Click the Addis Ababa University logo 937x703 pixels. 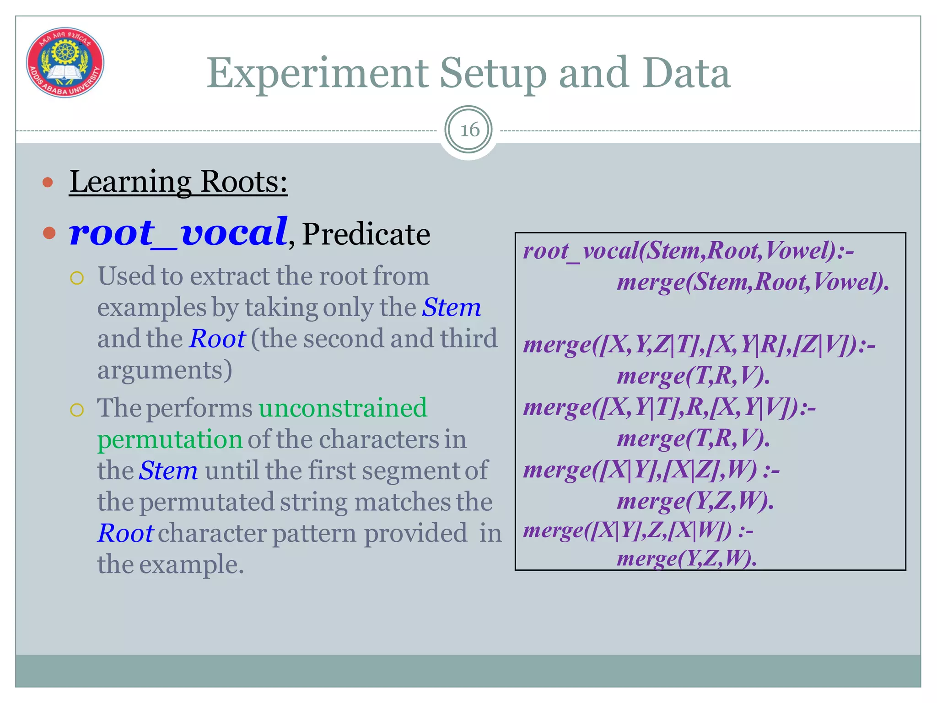point(65,62)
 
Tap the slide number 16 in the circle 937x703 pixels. point(469,130)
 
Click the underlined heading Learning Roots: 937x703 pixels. point(178,182)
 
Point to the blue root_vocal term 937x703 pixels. point(178,233)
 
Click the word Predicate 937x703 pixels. point(366,234)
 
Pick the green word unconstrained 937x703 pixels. point(343,407)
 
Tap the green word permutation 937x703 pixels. point(170,439)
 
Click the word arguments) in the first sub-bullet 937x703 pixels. point(165,370)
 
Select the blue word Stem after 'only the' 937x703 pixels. point(451,307)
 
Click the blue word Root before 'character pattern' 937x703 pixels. point(125,533)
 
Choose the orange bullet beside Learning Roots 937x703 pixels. point(48,183)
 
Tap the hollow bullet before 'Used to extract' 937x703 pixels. point(77,278)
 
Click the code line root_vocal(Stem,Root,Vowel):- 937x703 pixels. point(689,251)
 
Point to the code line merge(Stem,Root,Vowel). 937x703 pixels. point(753,282)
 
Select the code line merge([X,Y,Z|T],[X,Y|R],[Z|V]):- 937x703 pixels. point(699,345)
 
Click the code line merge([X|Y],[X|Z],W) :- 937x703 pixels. point(651,470)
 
